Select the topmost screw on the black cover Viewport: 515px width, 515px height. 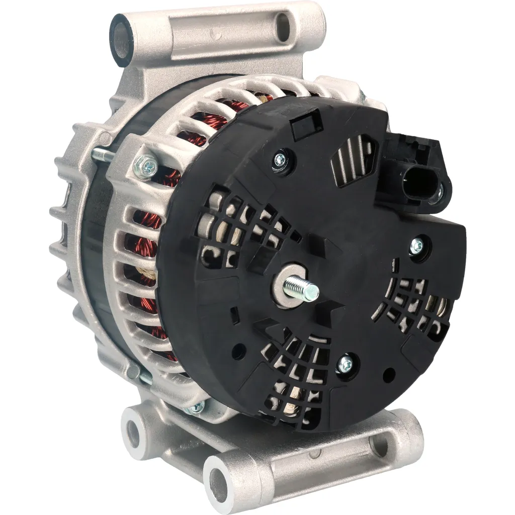coord(279,160)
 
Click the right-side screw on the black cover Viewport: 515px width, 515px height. coord(417,246)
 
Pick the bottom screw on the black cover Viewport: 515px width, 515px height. coord(345,364)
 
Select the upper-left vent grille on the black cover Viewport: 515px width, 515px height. coord(239,226)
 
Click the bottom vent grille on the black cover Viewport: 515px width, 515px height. coord(297,372)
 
